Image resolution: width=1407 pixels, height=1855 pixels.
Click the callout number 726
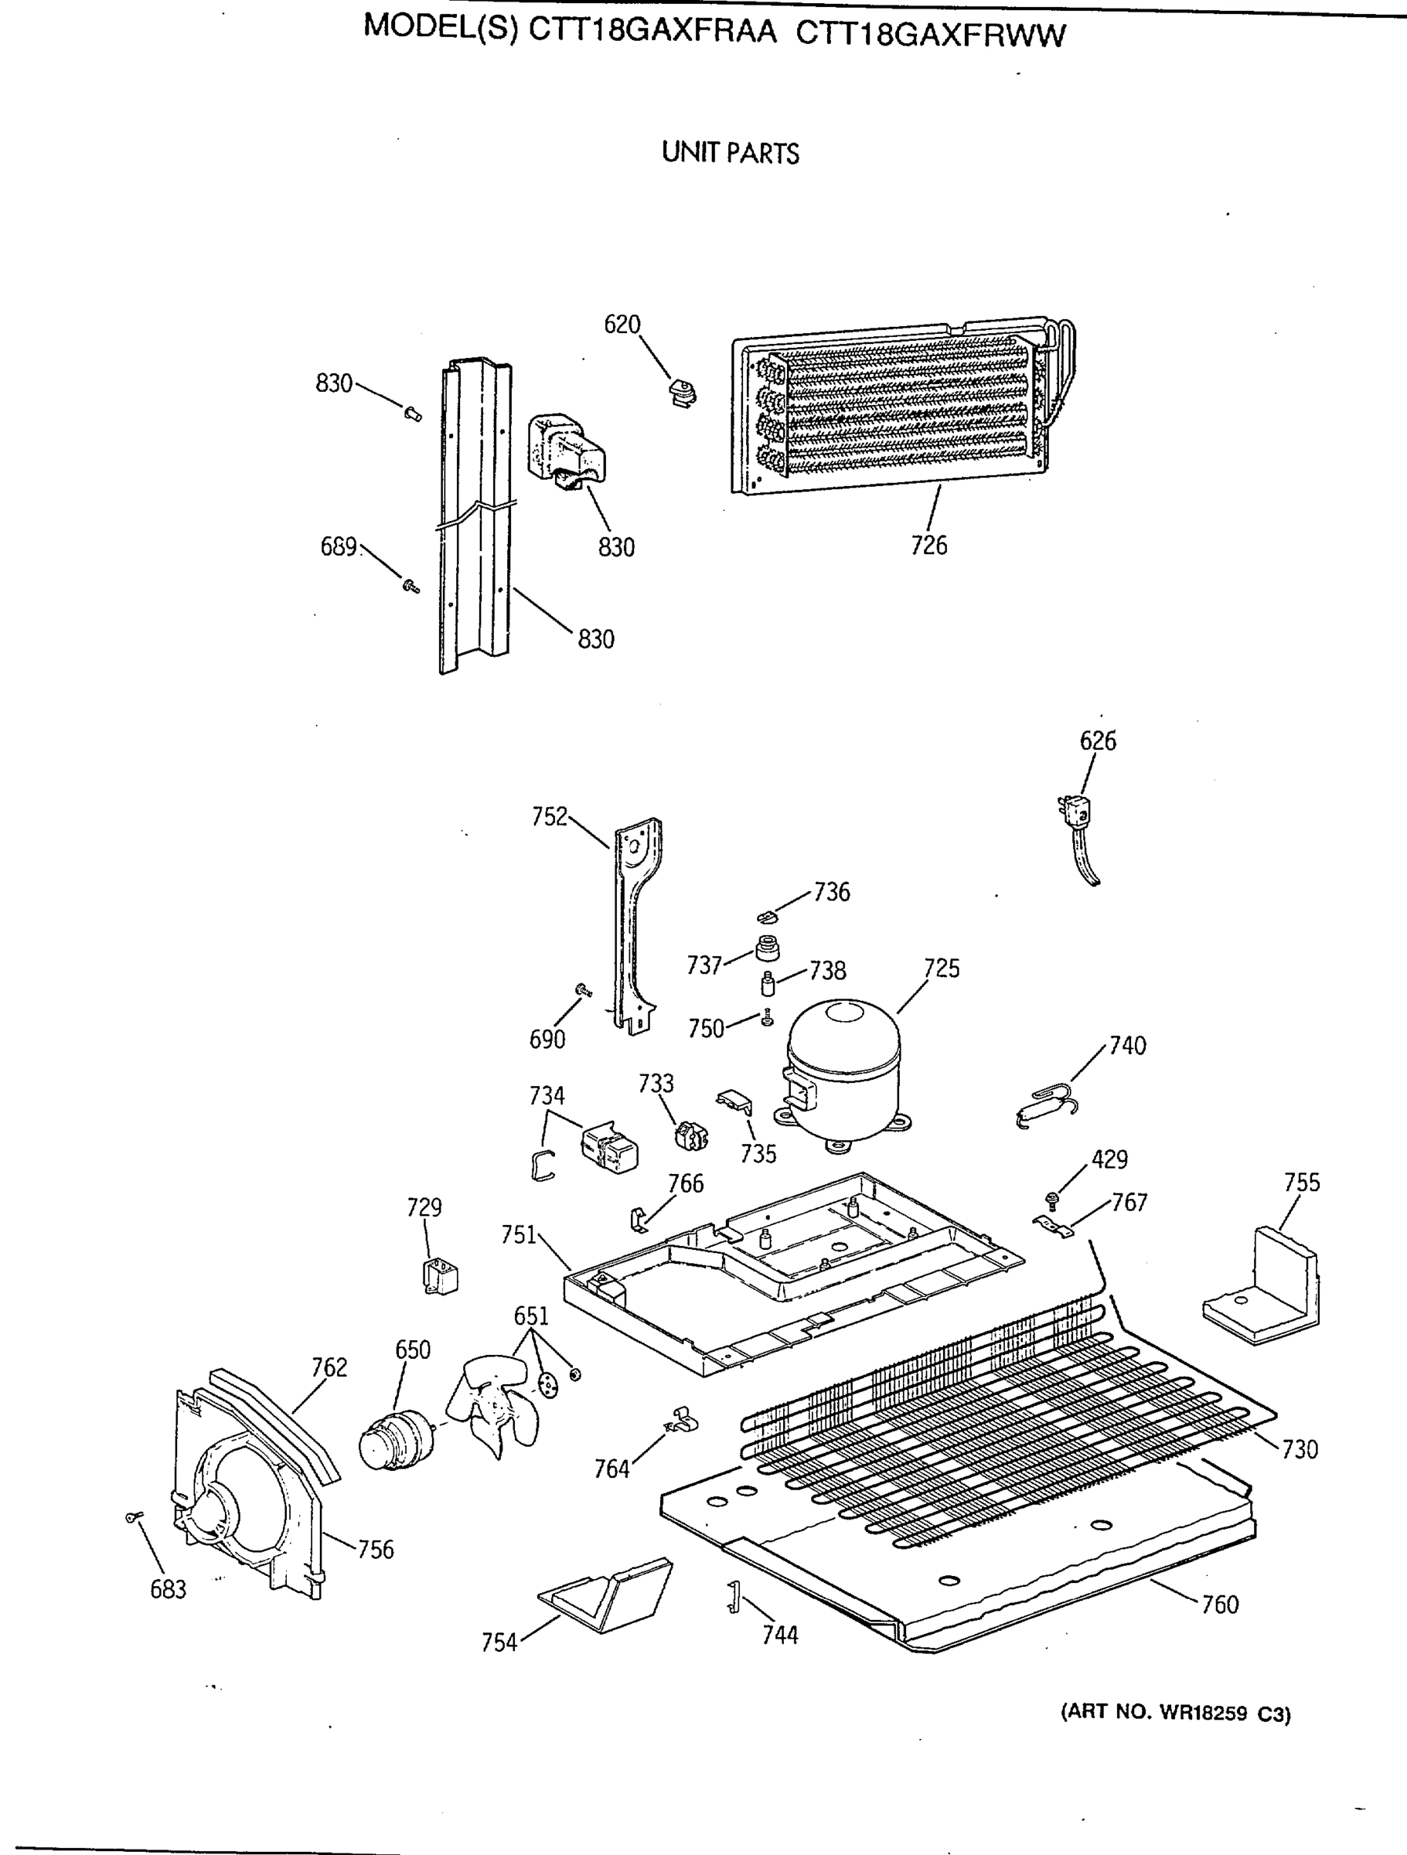click(x=928, y=546)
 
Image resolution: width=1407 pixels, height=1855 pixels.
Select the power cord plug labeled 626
click(x=1075, y=812)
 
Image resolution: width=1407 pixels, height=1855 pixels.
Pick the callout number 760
click(x=1220, y=1605)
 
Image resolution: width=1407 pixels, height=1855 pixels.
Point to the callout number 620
click(x=622, y=325)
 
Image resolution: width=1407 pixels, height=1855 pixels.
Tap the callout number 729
click(x=424, y=1207)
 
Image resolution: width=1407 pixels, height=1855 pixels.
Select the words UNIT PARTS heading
click(x=730, y=154)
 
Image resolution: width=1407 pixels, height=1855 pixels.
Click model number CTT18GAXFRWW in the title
click(x=929, y=36)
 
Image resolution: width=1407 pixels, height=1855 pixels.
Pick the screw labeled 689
click(x=411, y=585)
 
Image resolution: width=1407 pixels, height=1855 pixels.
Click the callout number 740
click(x=1127, y=1046)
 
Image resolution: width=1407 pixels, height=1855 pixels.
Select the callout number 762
click(x=329, y=1368)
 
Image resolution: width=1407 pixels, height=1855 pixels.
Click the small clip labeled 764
click(x=682, y=1422)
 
